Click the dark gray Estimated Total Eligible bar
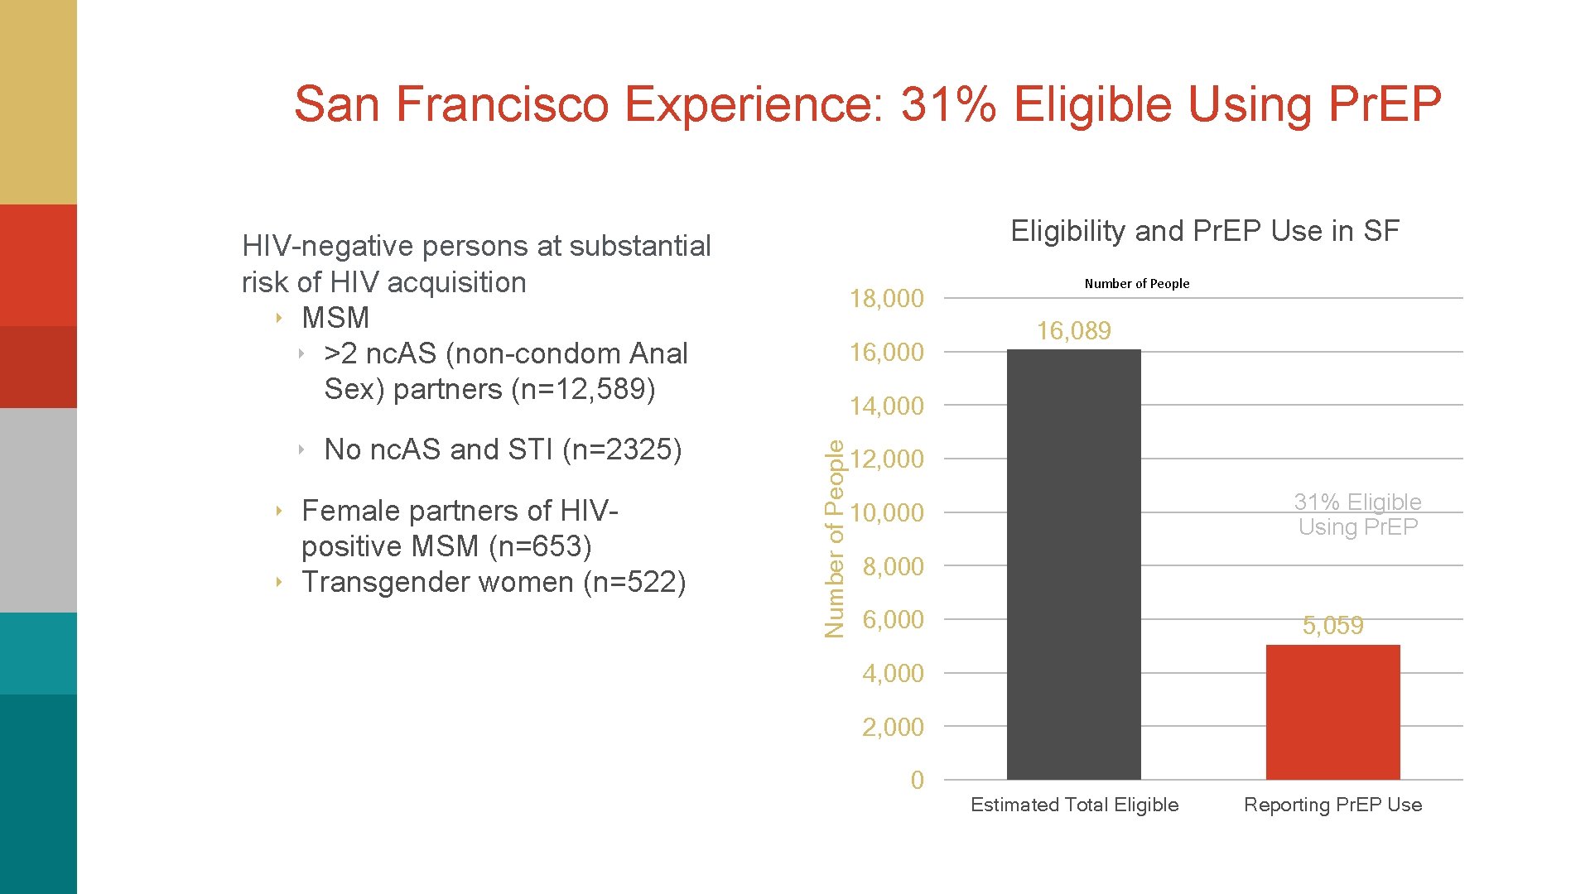point(1073,563)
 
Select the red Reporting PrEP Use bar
point(1332,712)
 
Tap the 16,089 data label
point(1073,331)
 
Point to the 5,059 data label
point(1332,626)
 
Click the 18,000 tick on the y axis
point(886,299)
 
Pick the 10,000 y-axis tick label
point(886,513)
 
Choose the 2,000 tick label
point(892,728)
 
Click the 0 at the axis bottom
point(917,781)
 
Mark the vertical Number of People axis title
point(835,539)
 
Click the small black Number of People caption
point(1136,284)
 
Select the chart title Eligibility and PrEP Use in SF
point(1205,231)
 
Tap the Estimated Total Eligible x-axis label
point(1074,805)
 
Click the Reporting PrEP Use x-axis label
point(1332,805)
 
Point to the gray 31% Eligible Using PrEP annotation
point(1357,514)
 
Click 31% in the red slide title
point(948,104)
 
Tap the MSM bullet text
point(335,318)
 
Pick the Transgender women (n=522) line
point(494,582)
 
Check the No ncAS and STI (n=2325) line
point(503,449)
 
